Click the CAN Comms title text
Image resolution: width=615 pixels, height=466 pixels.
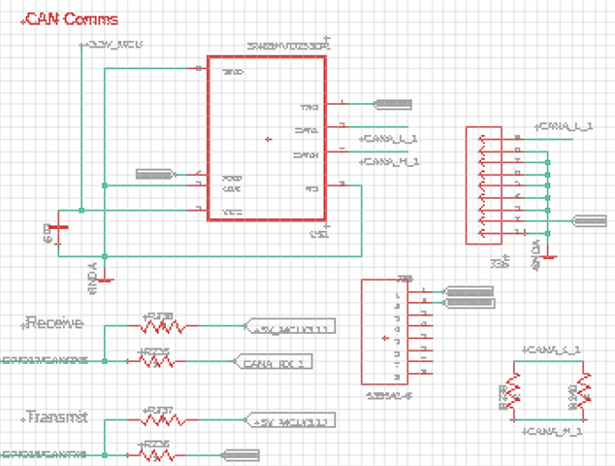coord(73,18)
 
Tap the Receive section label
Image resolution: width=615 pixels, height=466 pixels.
coord(53,322)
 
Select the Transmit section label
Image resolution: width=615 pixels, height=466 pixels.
coord(56,416)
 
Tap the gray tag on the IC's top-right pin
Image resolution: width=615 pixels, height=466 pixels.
coord(393,104)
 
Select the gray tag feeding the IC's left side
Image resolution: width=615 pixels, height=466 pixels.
coord(154,175)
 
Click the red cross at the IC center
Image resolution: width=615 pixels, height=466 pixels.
coord(269,140)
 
